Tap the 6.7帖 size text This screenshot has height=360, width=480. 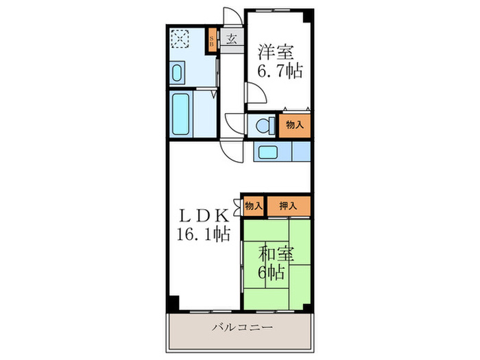pyautogui.click(x=280, y=70)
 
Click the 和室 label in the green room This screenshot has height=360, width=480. pyautogui.click(x=276, y=254)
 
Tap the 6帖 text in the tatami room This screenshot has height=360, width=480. pyautogui.click(x=272, y=272)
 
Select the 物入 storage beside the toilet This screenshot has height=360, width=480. pyautogui.click(x=295, y=125)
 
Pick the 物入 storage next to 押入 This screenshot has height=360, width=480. pyautogui.click(x=253, y=205)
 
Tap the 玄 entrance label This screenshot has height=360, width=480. pyautogui.click(x=231, y=39)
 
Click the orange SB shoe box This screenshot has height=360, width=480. pyautogui.click(x=212, y=40)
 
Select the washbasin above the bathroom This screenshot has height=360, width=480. pyautogui.click(x=177, y=72)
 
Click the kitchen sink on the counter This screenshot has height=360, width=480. pyautogui.click(x=266, y=151)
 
